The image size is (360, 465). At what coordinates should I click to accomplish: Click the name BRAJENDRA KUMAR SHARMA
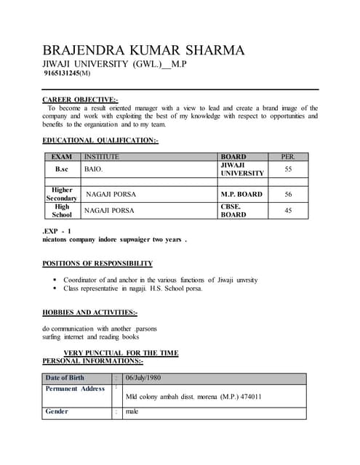(x=143, y=50)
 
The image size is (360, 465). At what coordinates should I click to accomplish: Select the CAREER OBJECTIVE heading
(x=80, y=99)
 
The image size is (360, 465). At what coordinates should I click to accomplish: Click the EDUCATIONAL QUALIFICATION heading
(x=100, y=140)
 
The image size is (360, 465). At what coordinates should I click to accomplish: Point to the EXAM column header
(x=62, y=156)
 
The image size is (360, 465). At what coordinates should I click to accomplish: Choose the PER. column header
(x=288, y=156)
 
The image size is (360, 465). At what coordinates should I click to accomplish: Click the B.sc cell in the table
(x=62, y=169)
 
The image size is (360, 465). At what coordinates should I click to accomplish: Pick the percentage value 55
(x=288, y=169)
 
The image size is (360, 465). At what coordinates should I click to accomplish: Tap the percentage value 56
(x=288, y=195)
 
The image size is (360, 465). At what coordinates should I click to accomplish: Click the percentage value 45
(x=288, y=211)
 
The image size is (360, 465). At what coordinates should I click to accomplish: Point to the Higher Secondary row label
(x=62, y=194)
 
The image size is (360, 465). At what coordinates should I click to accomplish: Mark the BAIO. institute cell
(x=94, y=169)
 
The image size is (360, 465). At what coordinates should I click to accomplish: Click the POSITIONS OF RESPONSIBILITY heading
(x=97, y=263)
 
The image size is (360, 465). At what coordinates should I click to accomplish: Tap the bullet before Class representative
(x=55, y=288)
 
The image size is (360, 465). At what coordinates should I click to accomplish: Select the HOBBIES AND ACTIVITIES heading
(x=89, y=312)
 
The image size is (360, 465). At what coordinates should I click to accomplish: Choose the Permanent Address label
(x=75, y=389)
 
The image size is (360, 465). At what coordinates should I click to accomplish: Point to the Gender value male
(x=132, y=412)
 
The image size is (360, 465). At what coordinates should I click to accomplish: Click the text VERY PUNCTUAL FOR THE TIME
(x=121, y=353)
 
